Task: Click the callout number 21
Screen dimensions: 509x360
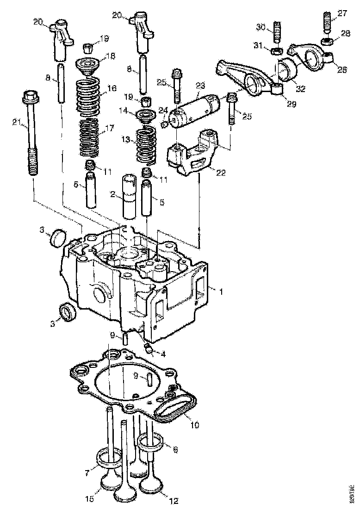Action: coord(16,122)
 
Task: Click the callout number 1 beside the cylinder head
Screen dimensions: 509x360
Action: coord(221,292)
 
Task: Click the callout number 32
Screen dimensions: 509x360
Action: coord(301,89)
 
